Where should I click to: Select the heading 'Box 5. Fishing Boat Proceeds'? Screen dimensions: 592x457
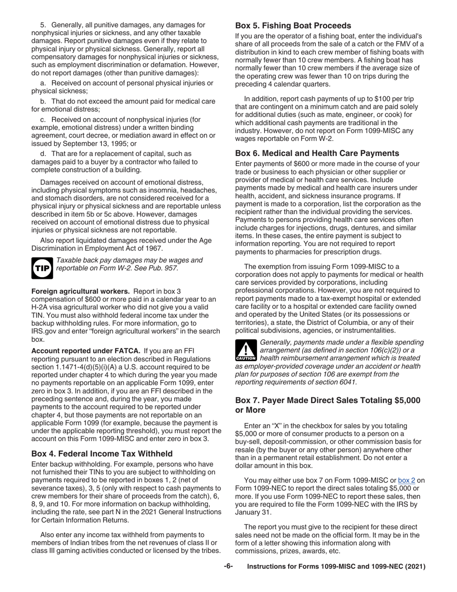(293, 26)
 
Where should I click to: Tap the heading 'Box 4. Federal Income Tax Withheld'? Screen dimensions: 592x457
(102, 453)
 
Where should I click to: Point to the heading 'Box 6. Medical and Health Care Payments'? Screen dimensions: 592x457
(317, 153)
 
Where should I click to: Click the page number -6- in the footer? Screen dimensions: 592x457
(228, 566)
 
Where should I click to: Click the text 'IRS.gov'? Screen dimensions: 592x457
(45, 331)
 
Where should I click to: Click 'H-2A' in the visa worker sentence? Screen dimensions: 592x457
(41, 307)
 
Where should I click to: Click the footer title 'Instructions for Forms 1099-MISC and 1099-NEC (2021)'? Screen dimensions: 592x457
(336, 566)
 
